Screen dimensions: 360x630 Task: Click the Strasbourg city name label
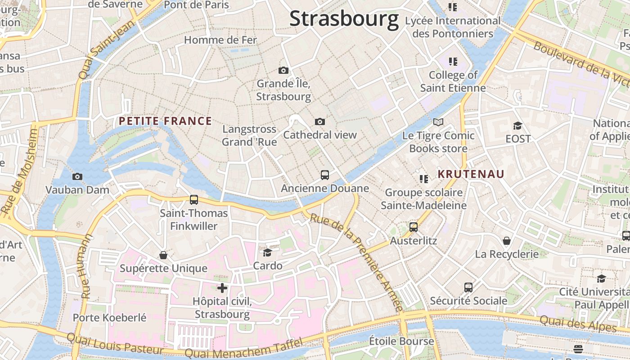[344, 19]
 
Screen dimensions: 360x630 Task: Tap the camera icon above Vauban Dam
[77, 176]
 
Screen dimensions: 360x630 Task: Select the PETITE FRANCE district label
[165, 121]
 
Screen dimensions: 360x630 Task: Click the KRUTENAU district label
[471, 174]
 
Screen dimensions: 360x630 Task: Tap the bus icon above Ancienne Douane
[325, 175]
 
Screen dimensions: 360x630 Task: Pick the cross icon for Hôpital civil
[222, 288]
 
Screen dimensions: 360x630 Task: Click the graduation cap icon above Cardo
[267, 252]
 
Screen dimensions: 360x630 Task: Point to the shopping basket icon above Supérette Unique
[163, 255]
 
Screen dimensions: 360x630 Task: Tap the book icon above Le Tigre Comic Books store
[438, 122]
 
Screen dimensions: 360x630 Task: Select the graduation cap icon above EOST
[517, 126]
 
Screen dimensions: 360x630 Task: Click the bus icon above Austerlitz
[414, 227]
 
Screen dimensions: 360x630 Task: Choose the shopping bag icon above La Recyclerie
[507, 241]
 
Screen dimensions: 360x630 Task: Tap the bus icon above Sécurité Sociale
[468, 287]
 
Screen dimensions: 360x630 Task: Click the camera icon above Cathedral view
[320, 121]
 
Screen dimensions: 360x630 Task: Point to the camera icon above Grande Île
[283, 70]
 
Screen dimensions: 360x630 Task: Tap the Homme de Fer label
[220, 40]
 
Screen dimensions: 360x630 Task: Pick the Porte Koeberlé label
[110, 318]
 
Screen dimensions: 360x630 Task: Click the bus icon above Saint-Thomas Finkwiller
[194, 199]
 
